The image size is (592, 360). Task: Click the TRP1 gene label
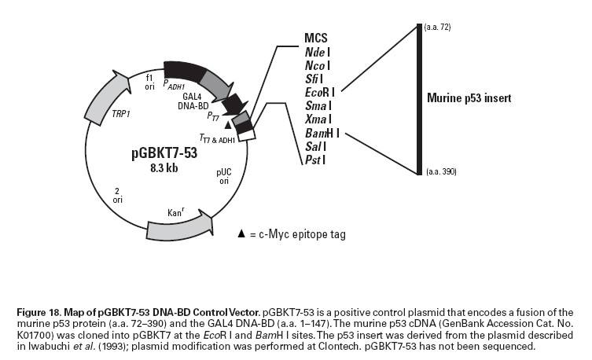(x=121, y=114)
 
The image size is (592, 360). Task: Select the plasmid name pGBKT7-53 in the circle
(x=164, y=153)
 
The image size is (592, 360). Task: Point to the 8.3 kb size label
(x=164, y=167)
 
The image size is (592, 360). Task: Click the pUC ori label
(x=224, y=176)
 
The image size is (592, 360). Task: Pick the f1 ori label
(x=149, y=82)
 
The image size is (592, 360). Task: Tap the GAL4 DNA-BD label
(x=193, y=101)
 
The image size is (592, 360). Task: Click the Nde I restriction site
(x=318, y=52)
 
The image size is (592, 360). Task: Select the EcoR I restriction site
(x=320, y=93)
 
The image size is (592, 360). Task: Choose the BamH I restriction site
(x=322, y=133)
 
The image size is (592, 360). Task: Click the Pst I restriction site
(x=315, y=160)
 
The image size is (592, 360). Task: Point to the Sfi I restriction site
(x=314, y=79)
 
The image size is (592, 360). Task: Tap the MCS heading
(x=316, y=38)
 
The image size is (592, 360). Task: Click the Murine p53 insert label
(x=469, y=98)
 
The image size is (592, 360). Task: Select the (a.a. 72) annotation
(x=438, y=28)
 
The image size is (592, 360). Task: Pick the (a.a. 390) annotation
(x=441, y=171)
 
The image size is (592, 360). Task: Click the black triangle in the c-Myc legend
(x=241, y=233)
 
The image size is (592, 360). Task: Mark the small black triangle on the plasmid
(x=228, y=124)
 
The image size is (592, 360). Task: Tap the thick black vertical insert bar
(x=419, y=99)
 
